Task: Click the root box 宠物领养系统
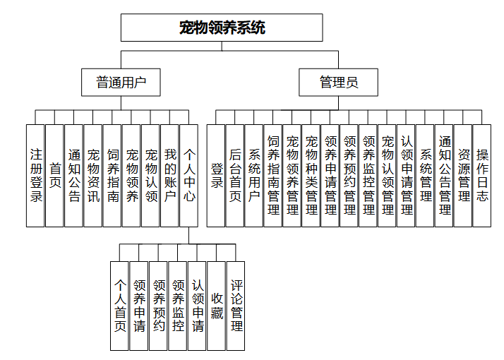(222, 28)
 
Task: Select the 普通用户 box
(121, 83)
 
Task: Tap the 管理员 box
(338, 83)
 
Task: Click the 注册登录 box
(35, 175)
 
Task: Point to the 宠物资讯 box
(93, 175)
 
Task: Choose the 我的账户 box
(169, 175)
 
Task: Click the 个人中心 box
(189, 175)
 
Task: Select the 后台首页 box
(235, 175)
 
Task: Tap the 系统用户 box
(254, 175)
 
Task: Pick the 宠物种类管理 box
(311, 175)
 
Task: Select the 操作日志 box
(482, 175)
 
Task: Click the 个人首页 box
(120, 306)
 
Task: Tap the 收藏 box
(217, 306)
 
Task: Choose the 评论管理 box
(236, 306)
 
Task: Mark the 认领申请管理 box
(406, 175)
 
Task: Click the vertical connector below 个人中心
(189, 234)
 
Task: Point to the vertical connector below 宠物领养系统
(222, 46)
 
